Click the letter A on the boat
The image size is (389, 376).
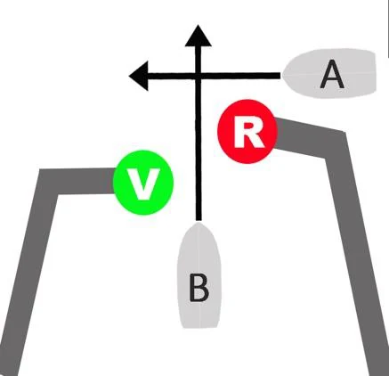pos(332,74)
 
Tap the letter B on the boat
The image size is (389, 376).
pos(199,288)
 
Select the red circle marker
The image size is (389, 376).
pos(247,131)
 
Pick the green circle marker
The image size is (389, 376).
pos(143,183)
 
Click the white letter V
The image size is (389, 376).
pos(144,184)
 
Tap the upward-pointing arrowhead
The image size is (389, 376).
pos(198,36)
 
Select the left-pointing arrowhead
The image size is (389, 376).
pos(139,76)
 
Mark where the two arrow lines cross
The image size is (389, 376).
pos(199,76)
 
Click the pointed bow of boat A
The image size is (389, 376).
pos(283,74)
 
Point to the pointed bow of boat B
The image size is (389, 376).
pos(199,225)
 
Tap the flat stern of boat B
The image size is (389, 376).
pos(199,326)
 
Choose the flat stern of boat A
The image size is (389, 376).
pos(375,72)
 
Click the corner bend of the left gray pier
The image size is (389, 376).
pos(48,182)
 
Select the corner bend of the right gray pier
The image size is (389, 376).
pos(336,145)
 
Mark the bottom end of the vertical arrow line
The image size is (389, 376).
pos(199,219)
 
